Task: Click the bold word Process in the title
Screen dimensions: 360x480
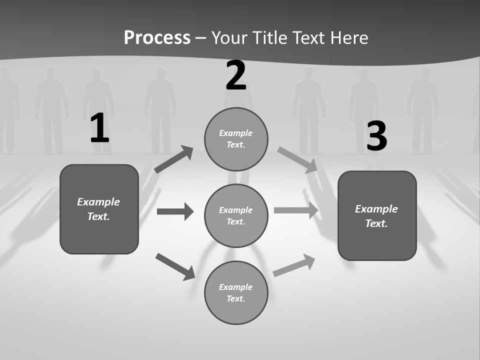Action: click(157, 38)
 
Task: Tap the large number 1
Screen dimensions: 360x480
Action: click(99, 128)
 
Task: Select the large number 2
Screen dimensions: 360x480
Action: click(236, 76)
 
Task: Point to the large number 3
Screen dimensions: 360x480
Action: click(377, 136)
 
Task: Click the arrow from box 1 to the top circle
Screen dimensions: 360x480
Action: click(173, 159)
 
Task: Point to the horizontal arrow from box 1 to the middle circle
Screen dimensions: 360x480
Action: click(175, 211)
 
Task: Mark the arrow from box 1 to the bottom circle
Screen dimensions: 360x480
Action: click(175, 266)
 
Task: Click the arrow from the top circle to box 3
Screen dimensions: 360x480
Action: click(297, 160)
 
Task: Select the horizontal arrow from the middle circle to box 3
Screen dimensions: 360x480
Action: click(296, 210)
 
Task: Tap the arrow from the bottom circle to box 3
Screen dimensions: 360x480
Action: click(294, 265)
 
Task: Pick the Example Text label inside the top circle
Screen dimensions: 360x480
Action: click(236, 139)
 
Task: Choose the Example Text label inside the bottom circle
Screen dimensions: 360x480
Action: click(236, 293)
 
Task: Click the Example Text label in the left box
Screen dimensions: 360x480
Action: click(98, 209)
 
